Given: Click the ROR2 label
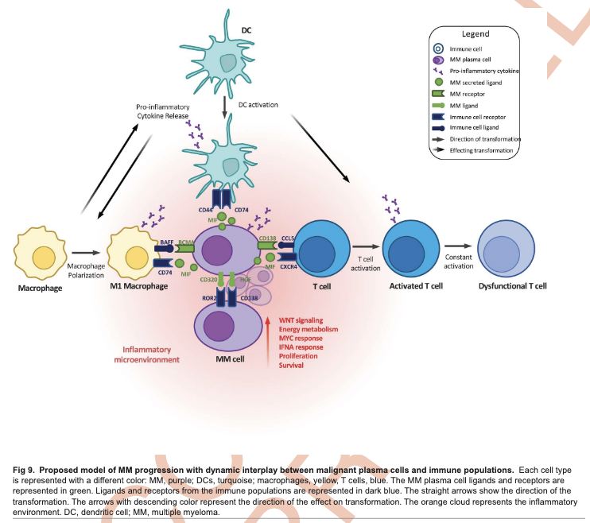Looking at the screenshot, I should (209, 299).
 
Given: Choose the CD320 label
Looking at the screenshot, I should (209, 280).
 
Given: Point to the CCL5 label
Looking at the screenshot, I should (289, 238).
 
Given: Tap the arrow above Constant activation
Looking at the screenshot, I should (460, 247).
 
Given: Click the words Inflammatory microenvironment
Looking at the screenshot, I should (151, 354).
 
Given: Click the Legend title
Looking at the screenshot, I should (475, 34).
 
